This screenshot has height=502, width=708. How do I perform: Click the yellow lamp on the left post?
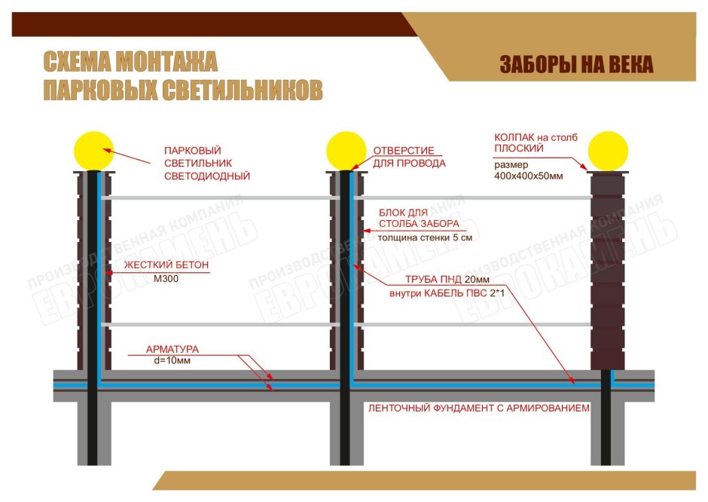coord(94,151)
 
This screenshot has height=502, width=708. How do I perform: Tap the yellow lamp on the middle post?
coord(346,151)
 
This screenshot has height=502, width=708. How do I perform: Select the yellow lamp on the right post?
coord(608,151)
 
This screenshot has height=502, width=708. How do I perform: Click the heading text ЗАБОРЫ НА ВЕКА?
coord(576,65)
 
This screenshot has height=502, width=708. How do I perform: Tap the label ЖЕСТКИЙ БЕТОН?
coord(166,265)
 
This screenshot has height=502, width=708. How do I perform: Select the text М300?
coord(166,279)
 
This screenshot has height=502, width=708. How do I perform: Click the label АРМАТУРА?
coord(172,349)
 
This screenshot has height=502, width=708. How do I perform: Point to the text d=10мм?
coord(172,360)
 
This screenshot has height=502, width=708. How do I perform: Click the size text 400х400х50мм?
coord(528,176)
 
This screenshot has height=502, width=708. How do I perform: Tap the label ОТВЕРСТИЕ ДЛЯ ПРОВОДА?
coord(409,157)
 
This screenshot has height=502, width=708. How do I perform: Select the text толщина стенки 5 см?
coord(425,237)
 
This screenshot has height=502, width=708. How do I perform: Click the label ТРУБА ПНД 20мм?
coord(447,280)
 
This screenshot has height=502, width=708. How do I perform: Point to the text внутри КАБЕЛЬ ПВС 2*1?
coord(447,293)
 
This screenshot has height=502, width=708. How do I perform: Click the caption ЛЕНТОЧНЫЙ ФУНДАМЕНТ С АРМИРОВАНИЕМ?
coord(478,408)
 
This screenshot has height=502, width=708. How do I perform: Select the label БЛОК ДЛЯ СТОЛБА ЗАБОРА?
coord(419,218)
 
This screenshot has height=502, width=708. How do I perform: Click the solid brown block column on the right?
coord(608,271)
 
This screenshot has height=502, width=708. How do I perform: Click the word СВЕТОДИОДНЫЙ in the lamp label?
coord(207,176)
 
